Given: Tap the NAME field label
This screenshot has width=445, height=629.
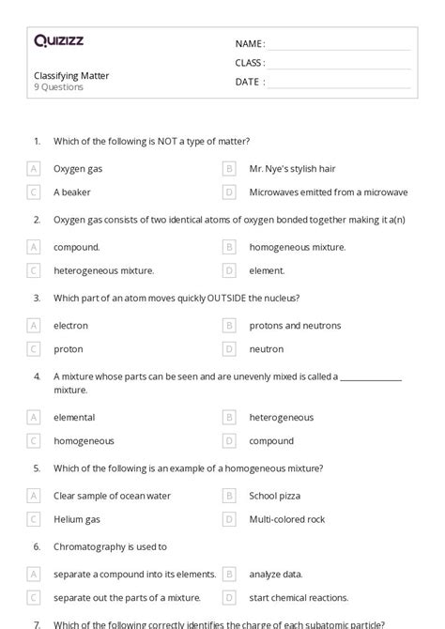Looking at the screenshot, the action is [x=249, y=43].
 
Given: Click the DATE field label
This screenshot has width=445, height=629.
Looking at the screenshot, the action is [x=248, y=82].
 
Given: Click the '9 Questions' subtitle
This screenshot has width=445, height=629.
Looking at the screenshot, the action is [x=58, y=87].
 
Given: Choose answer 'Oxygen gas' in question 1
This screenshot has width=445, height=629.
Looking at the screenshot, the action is [x=78, y=169].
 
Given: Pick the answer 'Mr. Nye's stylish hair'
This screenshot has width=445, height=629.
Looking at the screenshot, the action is [x=292, y=169].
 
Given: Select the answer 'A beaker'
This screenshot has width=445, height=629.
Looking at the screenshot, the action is [x=70, y=192].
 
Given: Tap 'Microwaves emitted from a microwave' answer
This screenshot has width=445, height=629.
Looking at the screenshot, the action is [x=328, y=192].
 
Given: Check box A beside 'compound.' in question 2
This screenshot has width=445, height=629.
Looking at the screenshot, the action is [x=34, y=247].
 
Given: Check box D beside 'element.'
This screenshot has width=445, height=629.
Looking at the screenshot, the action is [x=229, y=270].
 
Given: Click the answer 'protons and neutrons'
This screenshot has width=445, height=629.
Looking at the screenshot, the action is [x=295, y=326].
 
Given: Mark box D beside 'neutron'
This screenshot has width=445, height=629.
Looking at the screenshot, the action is [x=229, y=349].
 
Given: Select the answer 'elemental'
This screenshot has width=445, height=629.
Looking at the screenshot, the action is [x=74, y=417].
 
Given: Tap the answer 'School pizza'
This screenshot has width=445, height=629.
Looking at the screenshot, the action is [x=276, y=495].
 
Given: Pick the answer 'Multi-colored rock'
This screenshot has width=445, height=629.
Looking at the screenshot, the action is [x=286, y=518].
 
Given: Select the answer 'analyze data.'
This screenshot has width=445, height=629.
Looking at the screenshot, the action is [x=279, y=574].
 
